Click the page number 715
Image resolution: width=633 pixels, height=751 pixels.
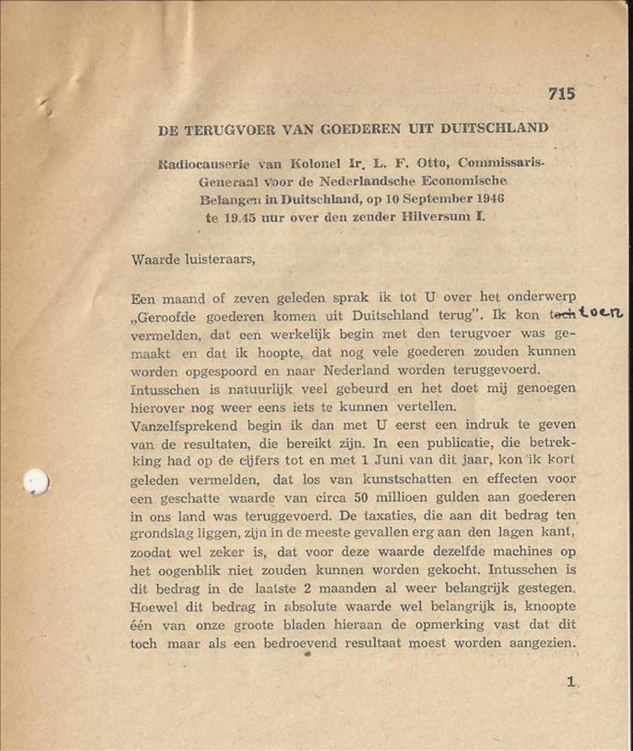(562, 94)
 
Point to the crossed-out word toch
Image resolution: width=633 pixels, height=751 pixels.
(561, 316)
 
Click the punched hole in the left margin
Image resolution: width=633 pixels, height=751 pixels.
(35, 481)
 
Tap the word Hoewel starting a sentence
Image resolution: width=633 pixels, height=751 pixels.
(153, 607)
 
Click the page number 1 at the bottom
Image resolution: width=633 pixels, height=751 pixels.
(570, 682)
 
